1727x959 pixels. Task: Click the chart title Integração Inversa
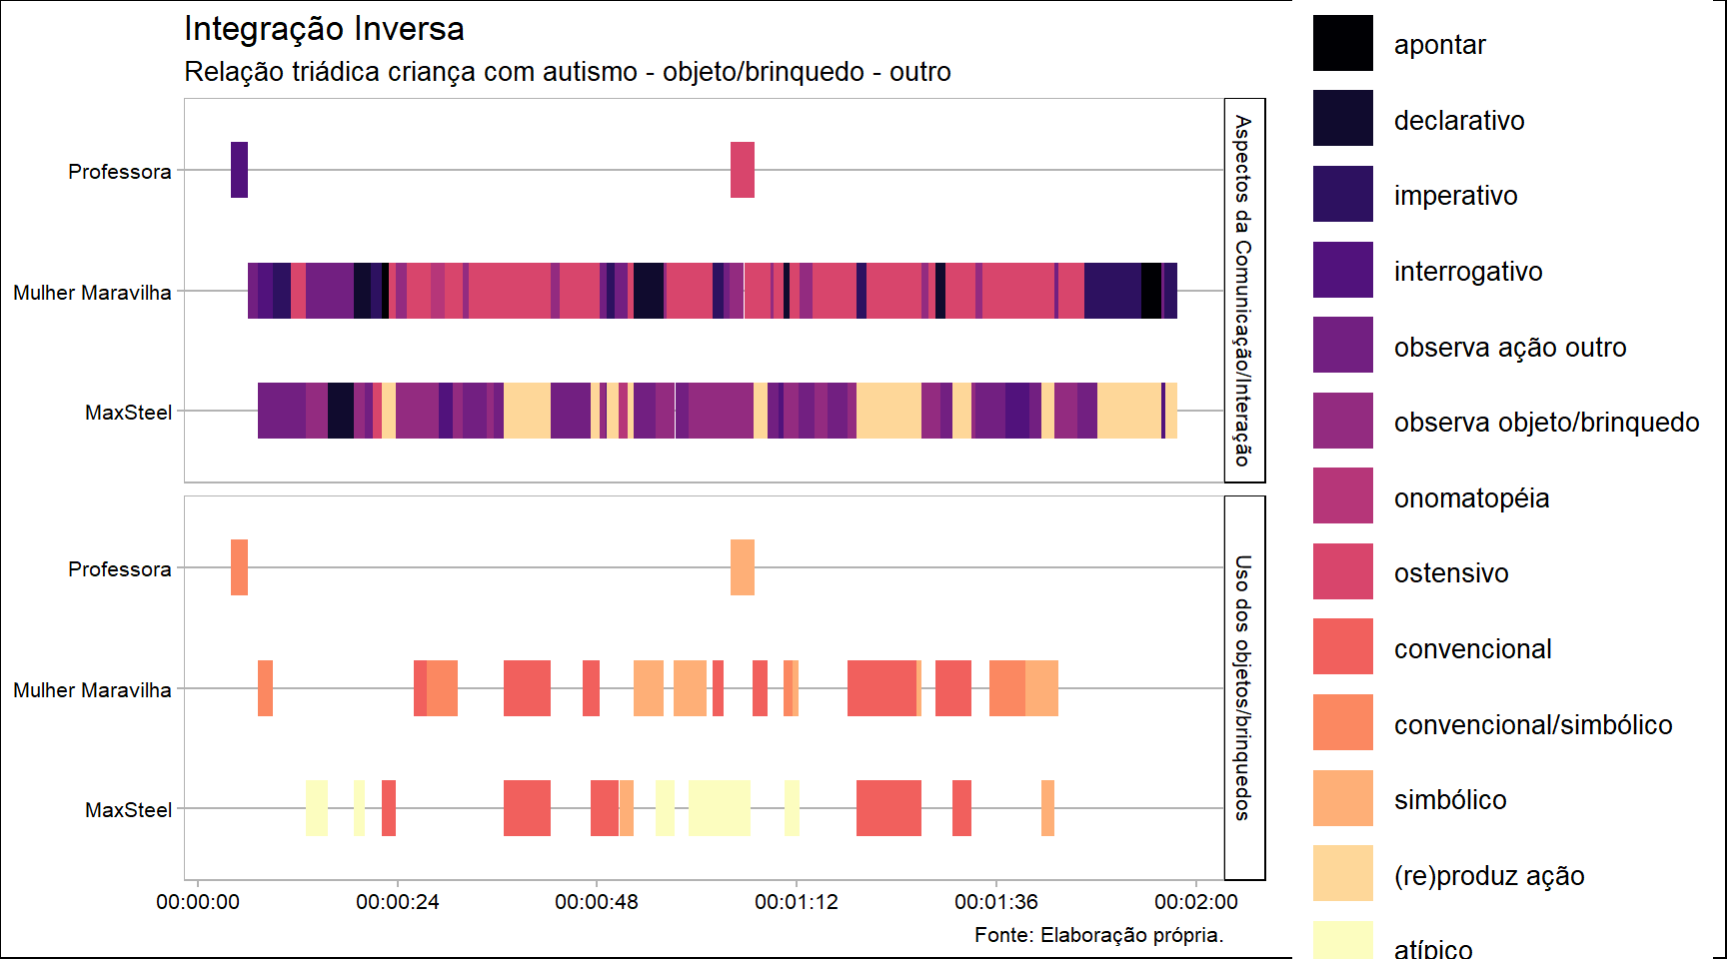(x=324, y=29)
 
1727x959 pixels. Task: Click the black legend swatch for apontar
(x=1342, y=44)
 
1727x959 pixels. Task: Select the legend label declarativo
(x=1458, y=121)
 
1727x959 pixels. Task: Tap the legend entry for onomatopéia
(x=1471, y=498)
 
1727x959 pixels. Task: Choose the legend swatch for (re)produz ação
(x=1342, y=873)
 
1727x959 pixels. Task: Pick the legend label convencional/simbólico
(x=1532, y=725)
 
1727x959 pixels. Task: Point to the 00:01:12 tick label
(x=796, y=902)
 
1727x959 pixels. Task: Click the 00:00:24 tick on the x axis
(x=397, y=902)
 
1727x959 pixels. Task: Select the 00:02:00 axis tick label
(x=1195, y=902)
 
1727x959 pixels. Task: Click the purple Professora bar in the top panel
(x=239, y=170)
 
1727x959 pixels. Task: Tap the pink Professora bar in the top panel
(x=742, y=170)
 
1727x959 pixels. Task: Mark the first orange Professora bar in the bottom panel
(x=239, y=567)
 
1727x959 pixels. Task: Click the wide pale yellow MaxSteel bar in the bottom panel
(x=719, y=808)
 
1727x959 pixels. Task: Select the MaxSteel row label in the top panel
(x=128, y=413)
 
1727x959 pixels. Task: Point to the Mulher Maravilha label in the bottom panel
(x=92, y=690)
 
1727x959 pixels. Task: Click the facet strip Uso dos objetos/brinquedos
(x=1243, y=687)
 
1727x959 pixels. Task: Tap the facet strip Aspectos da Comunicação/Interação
(x=1243, y=290)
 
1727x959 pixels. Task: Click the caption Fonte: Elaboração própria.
(x=1098, y=935)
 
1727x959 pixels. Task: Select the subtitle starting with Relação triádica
(x=567, y=72)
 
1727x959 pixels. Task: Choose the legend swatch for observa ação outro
(x=1342, y=346)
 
